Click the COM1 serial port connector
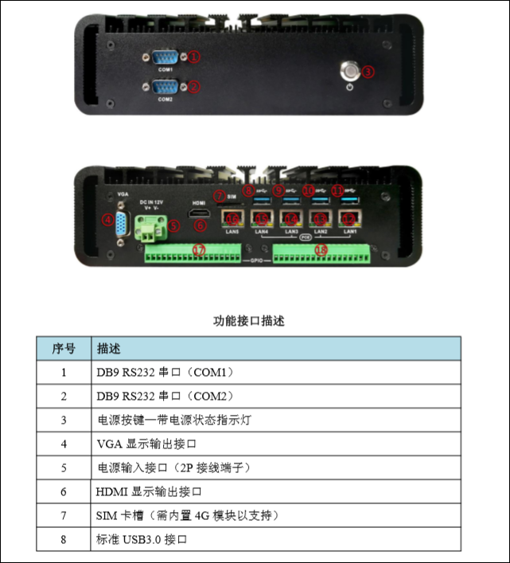[165, 57]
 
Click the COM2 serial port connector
[165, 87]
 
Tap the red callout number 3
[368, 71]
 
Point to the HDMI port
[199, 215]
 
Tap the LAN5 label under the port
[232, 231]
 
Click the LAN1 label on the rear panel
[348, 231]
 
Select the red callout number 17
[199, 250]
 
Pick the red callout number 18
[321, 250]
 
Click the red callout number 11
[337, 191]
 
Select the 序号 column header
[64, 349]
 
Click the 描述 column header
[109, 349]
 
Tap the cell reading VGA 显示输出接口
[146, 443]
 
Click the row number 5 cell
[64, 467]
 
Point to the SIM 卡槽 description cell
[188, 515]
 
